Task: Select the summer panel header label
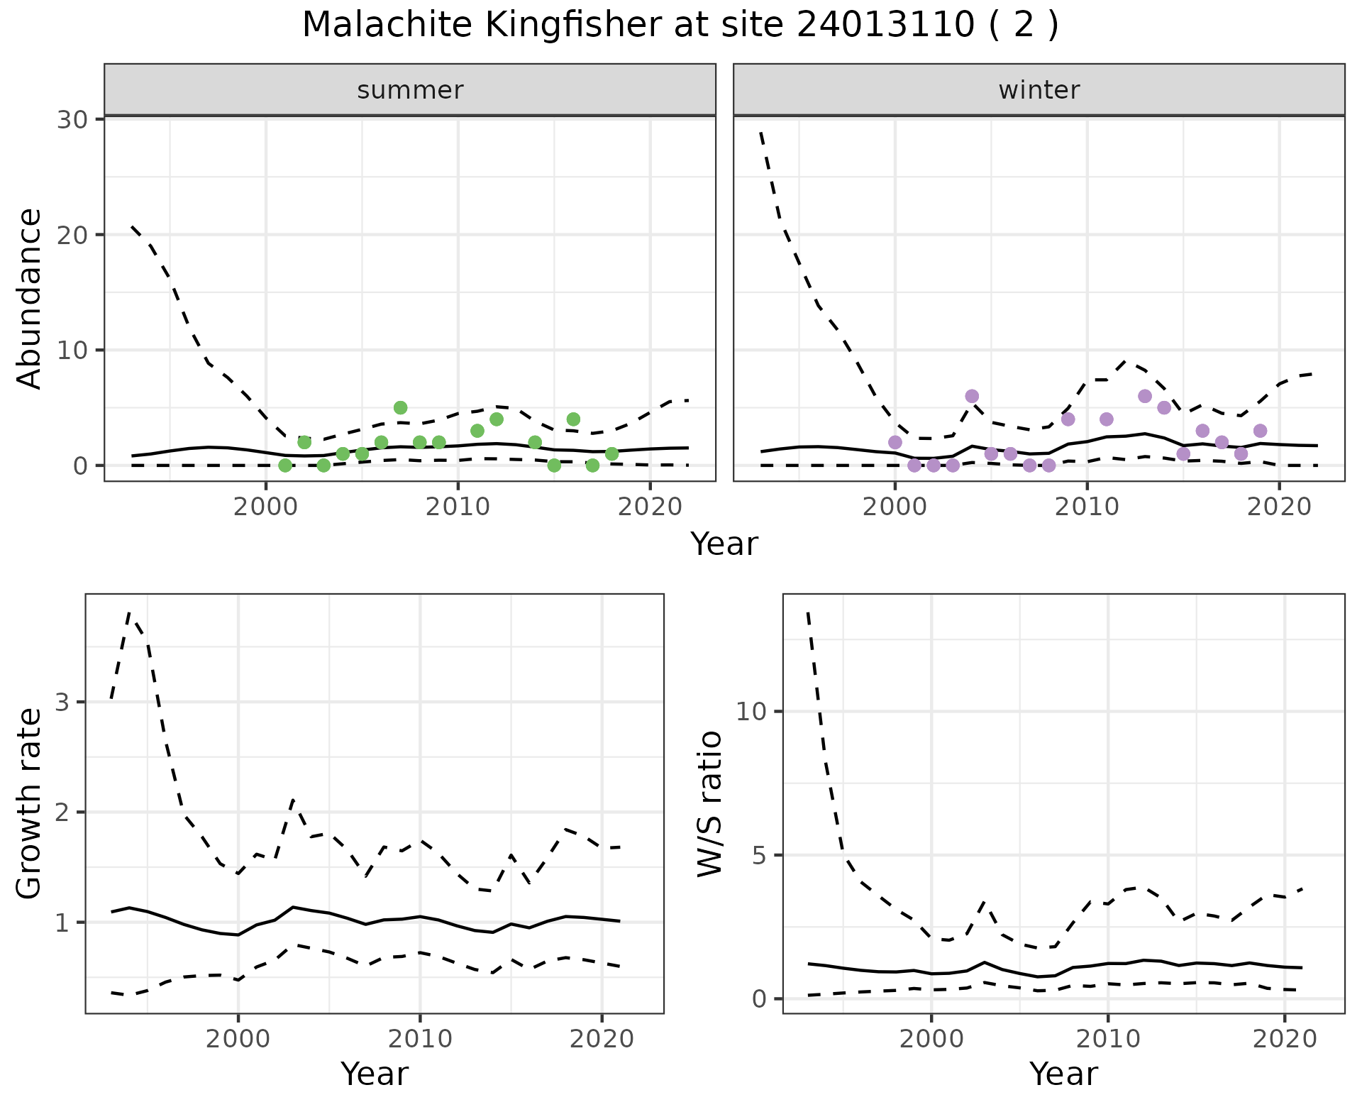click(410, 90)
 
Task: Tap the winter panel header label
click(1039, 90)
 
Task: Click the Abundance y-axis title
click(30, 298)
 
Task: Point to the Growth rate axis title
click(30, 803)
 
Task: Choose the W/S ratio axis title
click(709, 803)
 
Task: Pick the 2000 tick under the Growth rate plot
click(238, 1039)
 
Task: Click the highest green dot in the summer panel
click(400, 407)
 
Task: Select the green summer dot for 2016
click(573, 419)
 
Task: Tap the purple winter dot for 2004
click(972, 396)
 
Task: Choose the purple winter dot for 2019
click(1260, 431)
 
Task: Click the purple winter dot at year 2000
click(895, 442)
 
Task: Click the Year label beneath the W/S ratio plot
click(1063, 1074)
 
